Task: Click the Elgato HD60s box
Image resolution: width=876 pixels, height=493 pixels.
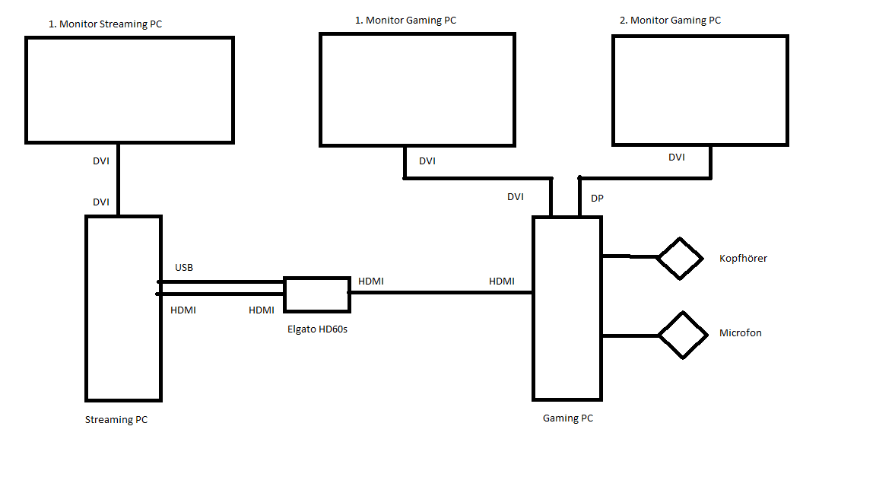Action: click(317, 294)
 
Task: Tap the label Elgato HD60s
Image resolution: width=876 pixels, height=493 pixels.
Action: click(317, 330)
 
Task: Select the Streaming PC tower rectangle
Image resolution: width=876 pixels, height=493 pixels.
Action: click(123, 308)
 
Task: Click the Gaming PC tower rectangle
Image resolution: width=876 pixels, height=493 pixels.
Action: click(567, 308)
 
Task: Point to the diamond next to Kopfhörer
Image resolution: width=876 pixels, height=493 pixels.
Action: click(679, 259)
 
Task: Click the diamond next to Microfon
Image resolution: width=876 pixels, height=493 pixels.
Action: click(682, 335)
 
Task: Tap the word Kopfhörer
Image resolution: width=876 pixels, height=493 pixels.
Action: click(743, 259)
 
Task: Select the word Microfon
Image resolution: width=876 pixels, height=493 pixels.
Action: click(740, 333)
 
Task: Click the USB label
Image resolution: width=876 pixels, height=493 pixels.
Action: click(184, 268)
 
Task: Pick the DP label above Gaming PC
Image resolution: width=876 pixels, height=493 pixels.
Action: click(597, 199)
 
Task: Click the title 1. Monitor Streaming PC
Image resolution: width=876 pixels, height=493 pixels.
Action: click(105, 24)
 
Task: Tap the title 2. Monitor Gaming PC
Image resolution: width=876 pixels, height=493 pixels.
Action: click(670, 21)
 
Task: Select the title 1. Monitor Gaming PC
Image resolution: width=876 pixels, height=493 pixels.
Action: click(405, 21)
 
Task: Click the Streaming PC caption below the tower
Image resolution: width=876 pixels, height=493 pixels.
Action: click(116, 420)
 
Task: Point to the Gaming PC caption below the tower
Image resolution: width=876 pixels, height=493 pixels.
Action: click(567, 418)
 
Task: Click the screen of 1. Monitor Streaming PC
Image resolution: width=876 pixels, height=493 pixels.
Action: click(129, 90)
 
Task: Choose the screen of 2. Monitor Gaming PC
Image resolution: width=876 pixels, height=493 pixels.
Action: click(700, 90)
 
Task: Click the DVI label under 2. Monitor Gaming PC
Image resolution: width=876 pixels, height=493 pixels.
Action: click(676, 157)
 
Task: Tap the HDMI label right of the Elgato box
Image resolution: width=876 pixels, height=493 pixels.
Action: click(371, 281)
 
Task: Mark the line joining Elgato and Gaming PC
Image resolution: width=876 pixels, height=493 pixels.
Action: click(441, 292)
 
